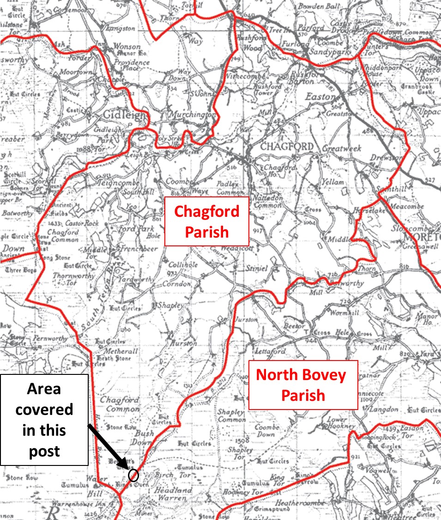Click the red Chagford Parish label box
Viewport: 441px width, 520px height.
click(x=206, y=221)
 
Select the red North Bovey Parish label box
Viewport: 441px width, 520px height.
click(x=303, y=385)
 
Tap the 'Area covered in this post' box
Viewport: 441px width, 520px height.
click(x=44, y=420)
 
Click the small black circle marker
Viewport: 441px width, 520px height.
click(x=133, y=475)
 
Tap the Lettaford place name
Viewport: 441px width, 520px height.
click(x=271, y=352)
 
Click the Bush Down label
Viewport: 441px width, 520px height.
click(x=144, y=438)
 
